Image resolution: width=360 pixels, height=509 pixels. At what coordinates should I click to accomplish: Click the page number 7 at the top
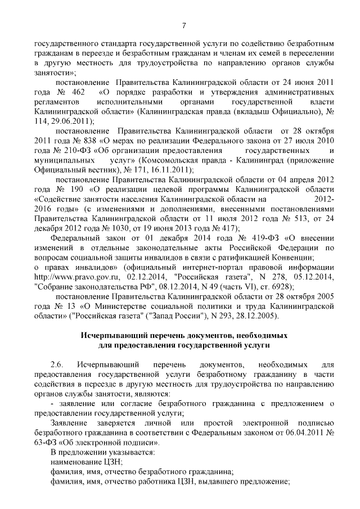[x=184, y=25]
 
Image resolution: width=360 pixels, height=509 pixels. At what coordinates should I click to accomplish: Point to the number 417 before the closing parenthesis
[x=226, y=227]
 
